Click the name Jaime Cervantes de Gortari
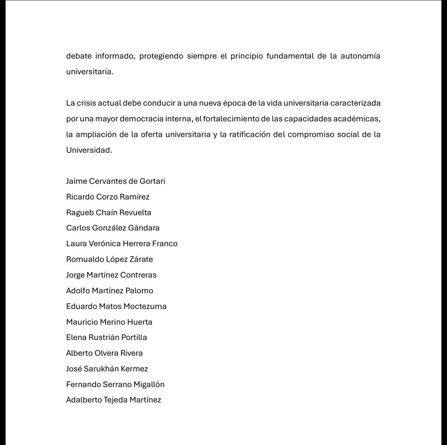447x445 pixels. click(x=116, y=181)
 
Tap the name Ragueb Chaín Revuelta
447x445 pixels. click(x=109, y=213)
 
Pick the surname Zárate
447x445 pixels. click(x=141, y=259)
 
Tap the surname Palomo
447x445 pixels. click(x=139, y=291)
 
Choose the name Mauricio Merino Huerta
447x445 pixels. click(x=109, y=322)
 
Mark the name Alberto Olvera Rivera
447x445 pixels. click(x=104, y=353)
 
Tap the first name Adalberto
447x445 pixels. click(x=84, y=400)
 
